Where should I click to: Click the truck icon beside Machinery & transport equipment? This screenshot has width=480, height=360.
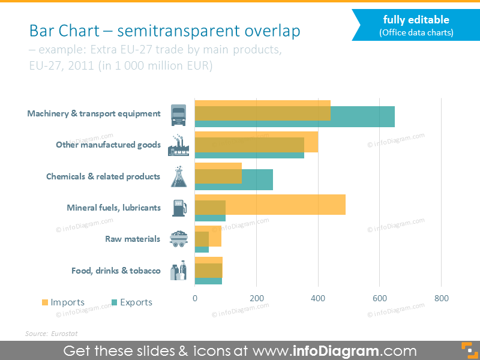178,115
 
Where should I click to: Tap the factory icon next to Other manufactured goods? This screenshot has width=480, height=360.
178,145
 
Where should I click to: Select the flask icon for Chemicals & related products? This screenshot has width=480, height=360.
179,176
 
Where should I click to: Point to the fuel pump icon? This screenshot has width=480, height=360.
179,208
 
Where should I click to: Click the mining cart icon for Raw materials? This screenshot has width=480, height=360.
179,239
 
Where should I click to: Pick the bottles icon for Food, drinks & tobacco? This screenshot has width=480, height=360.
178,271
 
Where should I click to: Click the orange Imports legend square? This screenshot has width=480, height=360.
45,302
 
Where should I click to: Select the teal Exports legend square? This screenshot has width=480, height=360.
114,302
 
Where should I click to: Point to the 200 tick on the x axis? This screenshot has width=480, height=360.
257,298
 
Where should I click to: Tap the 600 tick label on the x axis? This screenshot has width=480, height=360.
380,298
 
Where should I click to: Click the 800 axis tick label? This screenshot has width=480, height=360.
442,298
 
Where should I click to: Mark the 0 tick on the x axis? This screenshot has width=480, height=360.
195,298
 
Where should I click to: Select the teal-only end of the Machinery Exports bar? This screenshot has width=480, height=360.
363,116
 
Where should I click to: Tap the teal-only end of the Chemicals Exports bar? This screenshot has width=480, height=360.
257,179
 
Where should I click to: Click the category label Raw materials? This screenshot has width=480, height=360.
133,239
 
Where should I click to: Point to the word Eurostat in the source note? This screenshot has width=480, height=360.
64,334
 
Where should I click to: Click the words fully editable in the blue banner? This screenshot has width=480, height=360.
416,20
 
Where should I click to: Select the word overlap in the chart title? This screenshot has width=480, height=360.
272,31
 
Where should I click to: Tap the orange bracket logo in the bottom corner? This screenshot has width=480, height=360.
470,350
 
